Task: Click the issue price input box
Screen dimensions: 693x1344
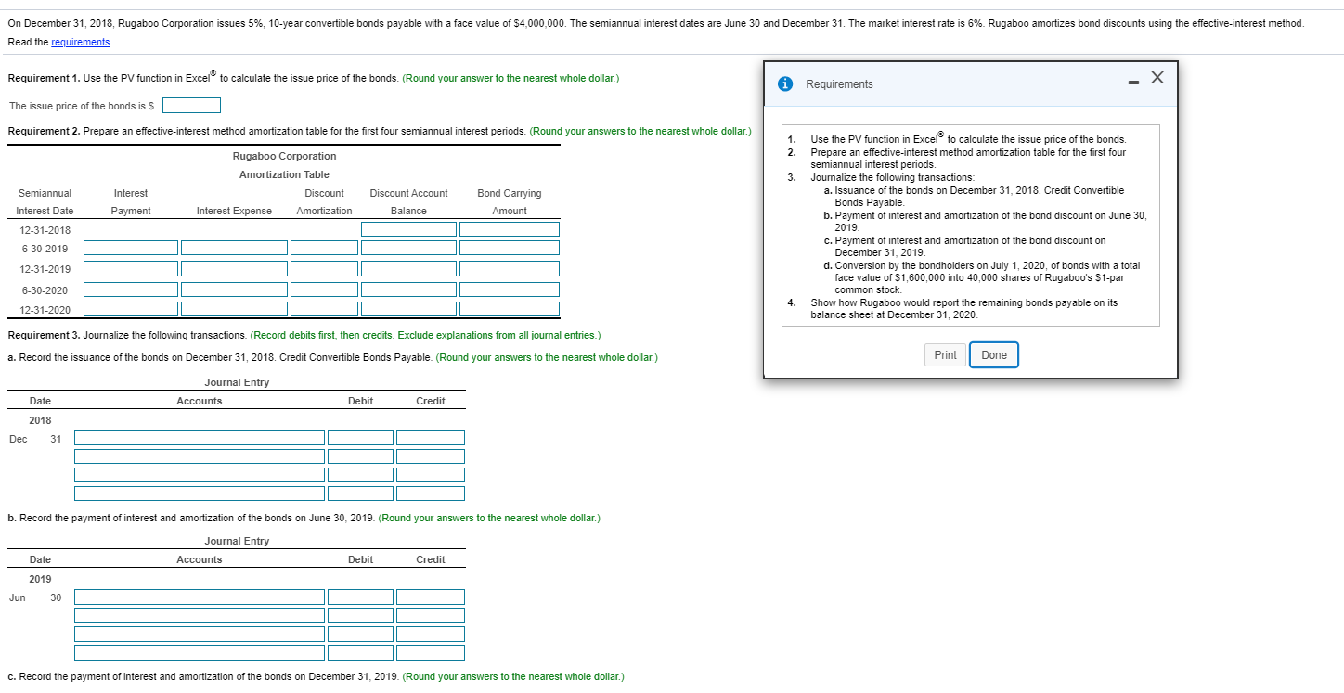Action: tap(192, 106)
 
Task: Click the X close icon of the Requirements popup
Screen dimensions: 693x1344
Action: tap(1157, 79)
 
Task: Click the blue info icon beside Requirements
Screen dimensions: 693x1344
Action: tap(786, 84)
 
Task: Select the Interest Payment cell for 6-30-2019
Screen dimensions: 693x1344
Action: tap(131, 248)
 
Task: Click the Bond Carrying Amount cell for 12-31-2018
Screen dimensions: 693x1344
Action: tap(510, 229)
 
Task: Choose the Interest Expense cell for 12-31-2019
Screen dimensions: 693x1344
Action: tap(234, 268)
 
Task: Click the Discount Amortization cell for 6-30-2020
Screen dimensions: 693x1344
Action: tap(324, 289)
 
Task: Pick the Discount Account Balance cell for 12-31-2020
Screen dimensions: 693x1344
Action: tap(408, 309)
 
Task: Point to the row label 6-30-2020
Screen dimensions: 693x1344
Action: tap(45, 289)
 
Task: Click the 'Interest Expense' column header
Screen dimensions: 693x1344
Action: tap(234, 212)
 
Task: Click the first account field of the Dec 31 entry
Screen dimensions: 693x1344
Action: tap(200, 438)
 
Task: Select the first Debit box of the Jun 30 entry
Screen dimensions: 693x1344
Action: tap(360, 597)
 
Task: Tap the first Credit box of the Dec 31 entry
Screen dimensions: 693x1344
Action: tap(431, 438)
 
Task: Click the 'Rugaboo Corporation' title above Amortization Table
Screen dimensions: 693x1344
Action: tap(284, 156)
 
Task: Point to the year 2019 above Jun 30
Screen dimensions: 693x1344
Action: tap(40, 579)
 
